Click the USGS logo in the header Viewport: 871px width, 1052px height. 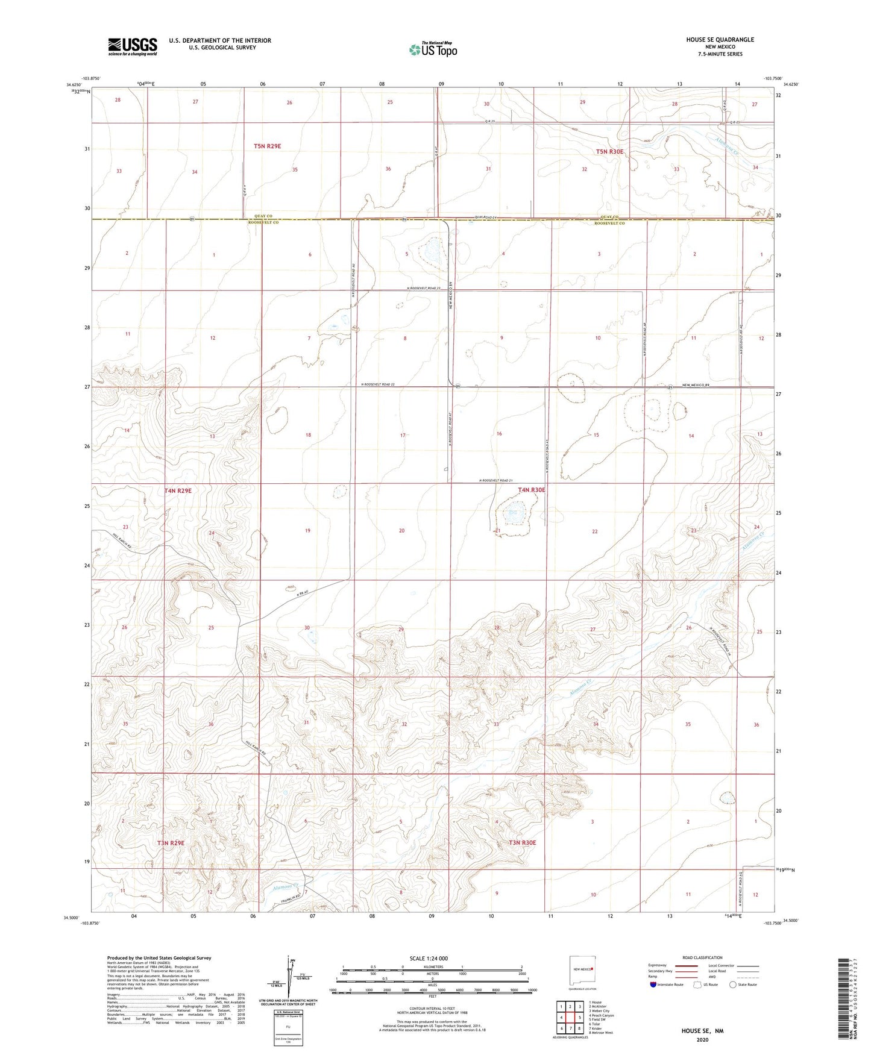(133, 46)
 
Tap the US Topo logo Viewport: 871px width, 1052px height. (433, 49)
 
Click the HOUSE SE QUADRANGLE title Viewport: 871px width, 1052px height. (720, 40)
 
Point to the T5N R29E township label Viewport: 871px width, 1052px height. (267, 146)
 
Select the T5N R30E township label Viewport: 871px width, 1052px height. (609, 152)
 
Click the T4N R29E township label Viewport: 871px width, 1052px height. (178, 490)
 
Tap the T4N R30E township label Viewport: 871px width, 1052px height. (531, 490)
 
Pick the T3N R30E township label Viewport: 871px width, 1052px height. (522, 842)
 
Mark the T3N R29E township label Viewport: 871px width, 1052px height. (171, 843)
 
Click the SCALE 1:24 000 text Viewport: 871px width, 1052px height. (429, 958)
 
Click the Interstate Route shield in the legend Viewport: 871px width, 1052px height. (653, 985)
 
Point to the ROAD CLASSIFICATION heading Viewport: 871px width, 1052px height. (702, 957)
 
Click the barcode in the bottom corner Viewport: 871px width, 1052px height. (844, 1000)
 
